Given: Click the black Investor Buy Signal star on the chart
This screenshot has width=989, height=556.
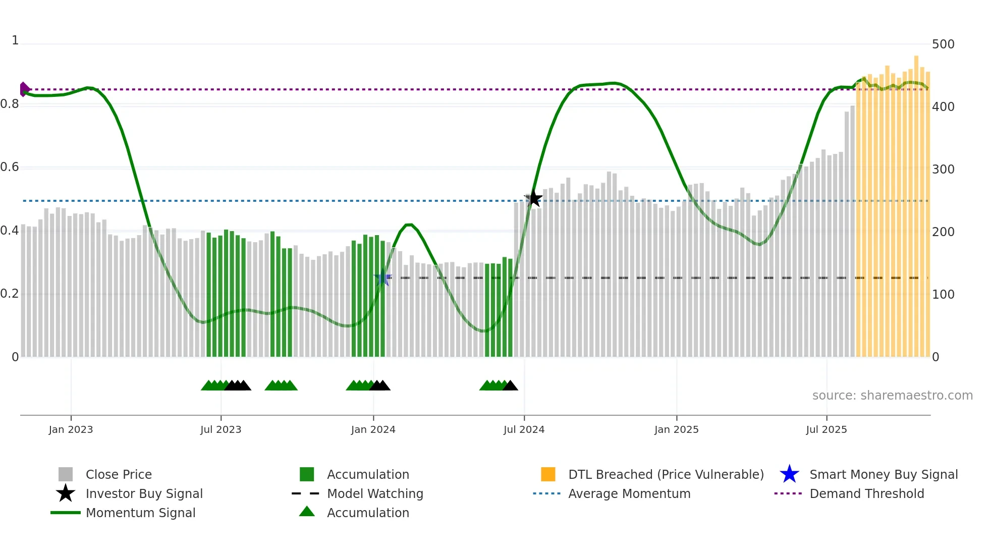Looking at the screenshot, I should [533, 199].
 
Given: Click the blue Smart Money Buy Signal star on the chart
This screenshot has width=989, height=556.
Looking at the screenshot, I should [382, 277].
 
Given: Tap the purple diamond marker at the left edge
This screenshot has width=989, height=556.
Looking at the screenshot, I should [24, 89].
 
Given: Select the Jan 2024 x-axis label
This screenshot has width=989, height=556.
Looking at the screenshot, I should [373, 429].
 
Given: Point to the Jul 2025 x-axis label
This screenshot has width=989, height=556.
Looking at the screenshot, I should [826, 429].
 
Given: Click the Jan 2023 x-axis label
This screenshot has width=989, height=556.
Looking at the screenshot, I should [71, 429].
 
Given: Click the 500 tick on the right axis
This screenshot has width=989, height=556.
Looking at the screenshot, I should [943, 44].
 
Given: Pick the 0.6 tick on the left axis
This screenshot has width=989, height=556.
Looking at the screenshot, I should [10, 167].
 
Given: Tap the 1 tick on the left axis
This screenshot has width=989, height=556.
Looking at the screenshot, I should [15, 40].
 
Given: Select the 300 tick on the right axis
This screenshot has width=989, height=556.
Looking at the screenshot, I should [943, 170].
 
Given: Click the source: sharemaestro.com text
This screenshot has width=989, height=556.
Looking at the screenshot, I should [892, 396].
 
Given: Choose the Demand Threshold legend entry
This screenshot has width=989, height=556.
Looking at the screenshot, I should [866, 493].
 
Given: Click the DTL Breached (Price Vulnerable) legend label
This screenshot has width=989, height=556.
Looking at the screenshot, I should [666, 474].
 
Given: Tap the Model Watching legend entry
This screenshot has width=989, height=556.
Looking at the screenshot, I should [374, 493].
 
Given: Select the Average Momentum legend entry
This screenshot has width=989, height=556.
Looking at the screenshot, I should [629, 493].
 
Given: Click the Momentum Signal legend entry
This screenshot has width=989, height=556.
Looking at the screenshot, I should [140, 513].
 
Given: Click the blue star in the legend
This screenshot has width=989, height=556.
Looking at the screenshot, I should [789, 474].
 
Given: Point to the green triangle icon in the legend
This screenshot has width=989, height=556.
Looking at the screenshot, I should [307, 512].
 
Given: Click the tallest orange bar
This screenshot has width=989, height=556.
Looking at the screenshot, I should [916, 202].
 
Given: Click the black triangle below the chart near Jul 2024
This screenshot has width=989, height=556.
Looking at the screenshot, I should [510, 386].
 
